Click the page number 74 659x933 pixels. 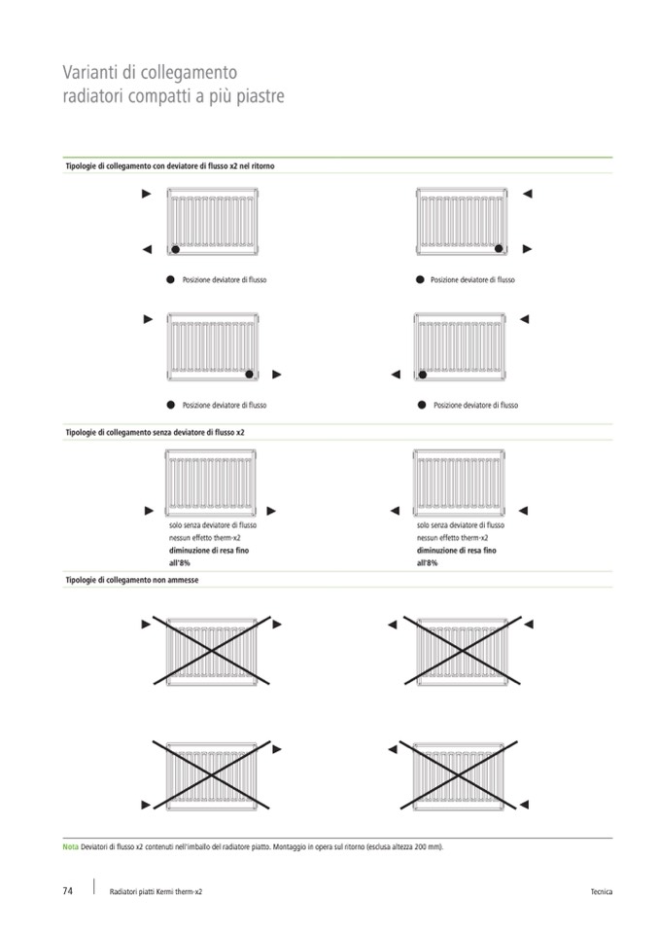(x=68, y=891)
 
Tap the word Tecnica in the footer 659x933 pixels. (x=601, y=892)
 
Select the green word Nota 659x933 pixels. (x=71, y=846)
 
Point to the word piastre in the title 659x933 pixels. (x=258, y=97)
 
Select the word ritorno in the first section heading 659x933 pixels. (x=260, y=166)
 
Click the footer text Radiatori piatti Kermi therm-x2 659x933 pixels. (x=156, y=892)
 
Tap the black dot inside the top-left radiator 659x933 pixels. (x=175, y=249)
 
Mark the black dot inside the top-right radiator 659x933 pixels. (x=500, y=249)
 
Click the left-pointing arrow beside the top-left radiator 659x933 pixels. (x=147, y=250)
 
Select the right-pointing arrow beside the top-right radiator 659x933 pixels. (x=528, y=249)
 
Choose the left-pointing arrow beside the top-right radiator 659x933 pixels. (x=528, y=195)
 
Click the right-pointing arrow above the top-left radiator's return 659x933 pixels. (x=147, y=195)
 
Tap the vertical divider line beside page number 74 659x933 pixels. (x=94, y=886)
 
